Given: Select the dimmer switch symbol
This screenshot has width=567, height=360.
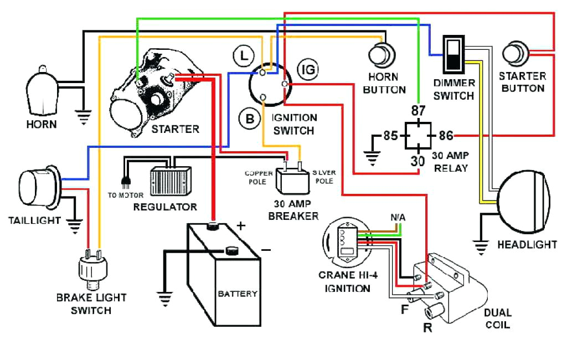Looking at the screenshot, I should point(453,54).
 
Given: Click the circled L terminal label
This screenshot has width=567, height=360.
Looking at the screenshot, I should point(243,55).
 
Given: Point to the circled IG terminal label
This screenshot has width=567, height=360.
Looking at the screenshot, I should point(307,70).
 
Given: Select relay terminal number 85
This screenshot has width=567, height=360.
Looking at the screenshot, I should point(390,135).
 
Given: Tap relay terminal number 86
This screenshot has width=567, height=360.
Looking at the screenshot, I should point(446,135).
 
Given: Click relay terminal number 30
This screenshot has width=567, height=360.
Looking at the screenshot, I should point(418,162).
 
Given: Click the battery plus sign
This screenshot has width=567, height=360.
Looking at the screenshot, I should point(241,226).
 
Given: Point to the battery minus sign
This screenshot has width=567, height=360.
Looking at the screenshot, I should point(266,250).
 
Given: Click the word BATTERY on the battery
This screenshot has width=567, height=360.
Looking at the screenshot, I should point(237,294).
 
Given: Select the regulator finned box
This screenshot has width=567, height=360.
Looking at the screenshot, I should point(170,180).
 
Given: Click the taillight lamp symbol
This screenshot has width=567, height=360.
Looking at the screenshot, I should point(37,185).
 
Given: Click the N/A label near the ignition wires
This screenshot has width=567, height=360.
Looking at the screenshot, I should point(398,217).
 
